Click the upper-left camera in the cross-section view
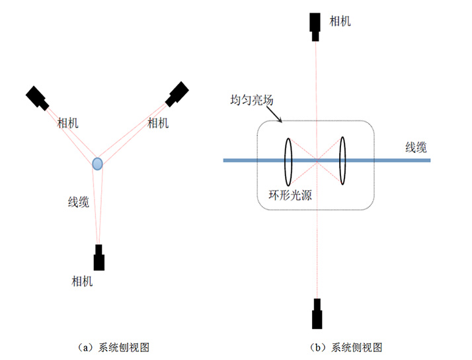[37, 97]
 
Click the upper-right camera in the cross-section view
[177, 93]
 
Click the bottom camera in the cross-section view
[99, 257]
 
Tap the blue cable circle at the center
[97, 163]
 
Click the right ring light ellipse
[342, 161]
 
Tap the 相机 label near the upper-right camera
[158, 122]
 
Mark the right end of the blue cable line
[430, 160]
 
